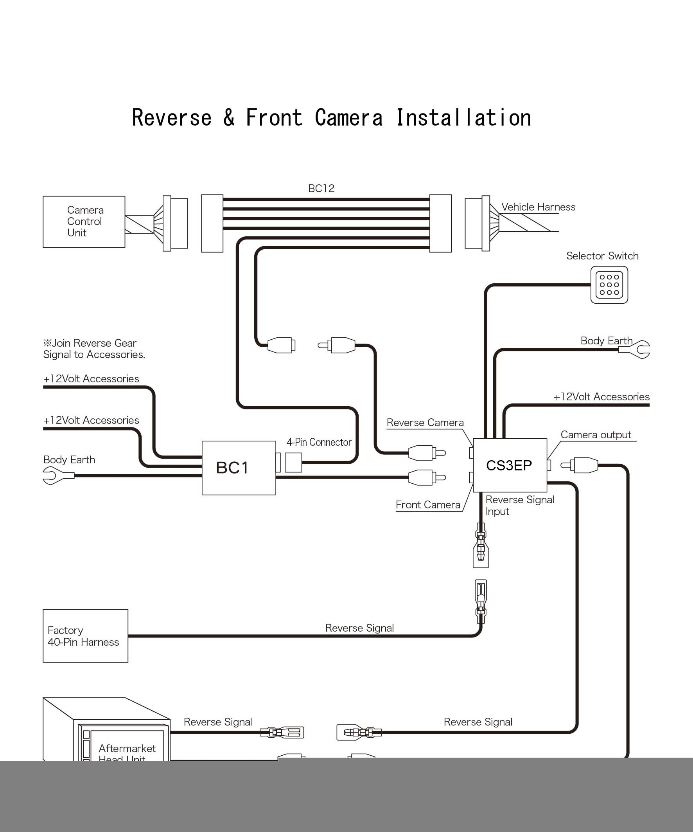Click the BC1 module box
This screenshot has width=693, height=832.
(239, 468)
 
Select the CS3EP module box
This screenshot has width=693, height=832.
(510, 465)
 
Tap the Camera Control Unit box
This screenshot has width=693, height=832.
(84, 222)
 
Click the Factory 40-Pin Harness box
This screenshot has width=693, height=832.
(85, 636)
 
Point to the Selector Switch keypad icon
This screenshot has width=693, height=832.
(609, 285)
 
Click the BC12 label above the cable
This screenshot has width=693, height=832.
(321, 189)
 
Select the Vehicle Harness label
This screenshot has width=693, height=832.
(538, 207)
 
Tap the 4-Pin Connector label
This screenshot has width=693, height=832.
(319, 442)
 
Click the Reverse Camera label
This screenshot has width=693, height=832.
(425, 423)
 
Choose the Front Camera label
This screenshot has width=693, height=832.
(428, 505)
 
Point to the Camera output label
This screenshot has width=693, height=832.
(595, 435)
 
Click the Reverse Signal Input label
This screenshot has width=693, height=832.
(519, 505)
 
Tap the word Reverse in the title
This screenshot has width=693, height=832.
(171, 118)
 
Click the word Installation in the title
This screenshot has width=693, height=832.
(463, 118)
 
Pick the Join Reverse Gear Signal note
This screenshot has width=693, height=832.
(94, 349)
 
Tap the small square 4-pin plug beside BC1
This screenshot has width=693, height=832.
(293, 462)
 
